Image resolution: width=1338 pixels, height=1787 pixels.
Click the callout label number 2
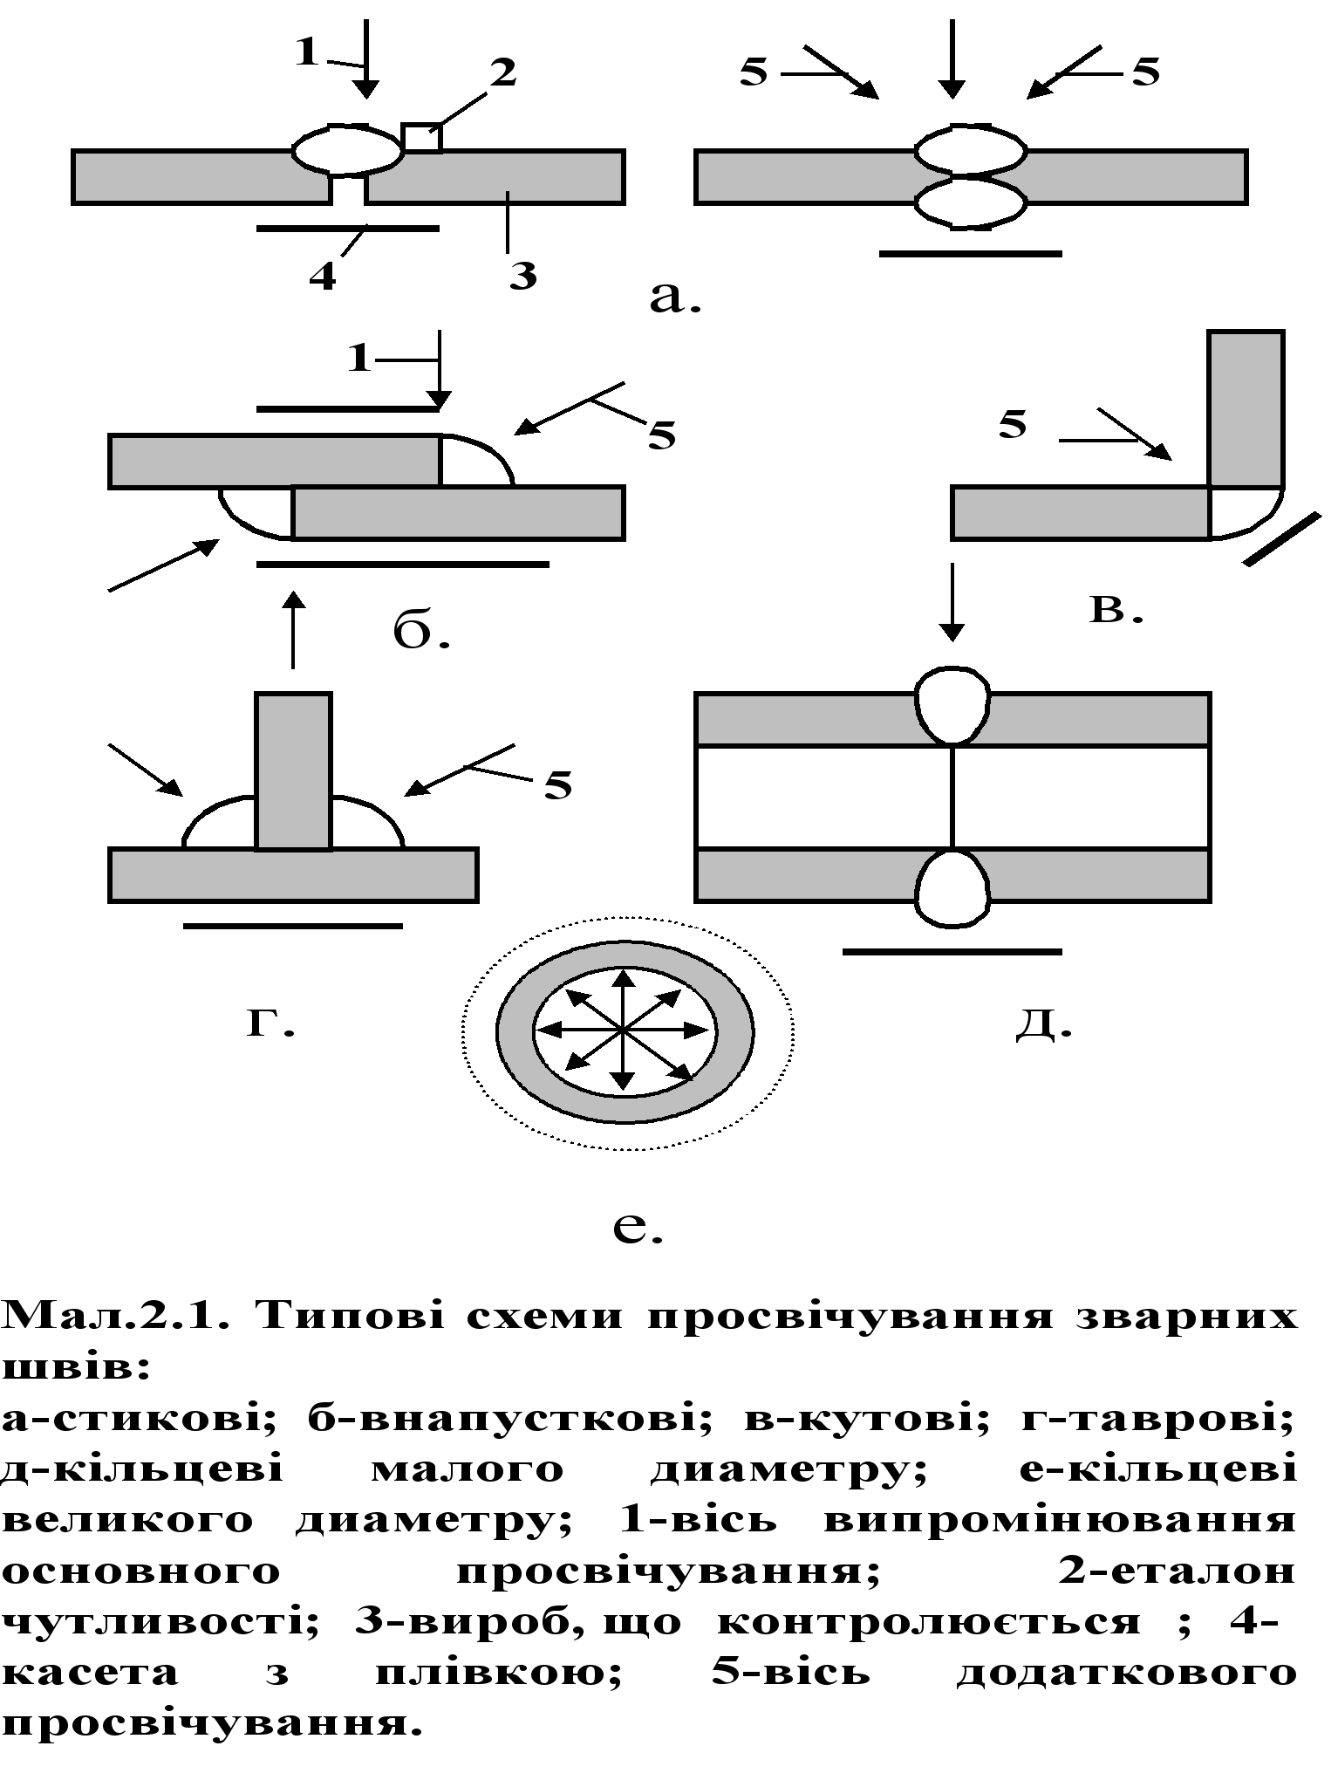pos(511,74)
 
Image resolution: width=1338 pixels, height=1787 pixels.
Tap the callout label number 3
pos(526,277)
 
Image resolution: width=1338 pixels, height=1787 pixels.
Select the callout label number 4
pos(324,277)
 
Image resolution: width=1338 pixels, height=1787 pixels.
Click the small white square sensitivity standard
pos(422,138)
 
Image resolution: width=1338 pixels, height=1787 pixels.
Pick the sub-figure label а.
pos(677,294)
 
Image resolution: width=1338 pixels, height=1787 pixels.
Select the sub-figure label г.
pos(274,1017)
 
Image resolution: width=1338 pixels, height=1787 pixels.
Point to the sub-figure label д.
pos(1044,1017)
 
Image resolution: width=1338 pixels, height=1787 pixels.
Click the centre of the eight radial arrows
pos(623,1030)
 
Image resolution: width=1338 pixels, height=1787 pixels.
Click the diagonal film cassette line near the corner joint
pos(1281,539)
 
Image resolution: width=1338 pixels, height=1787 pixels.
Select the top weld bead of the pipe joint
pos(952,703)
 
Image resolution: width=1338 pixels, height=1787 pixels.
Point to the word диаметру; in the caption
pos(788,1469)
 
